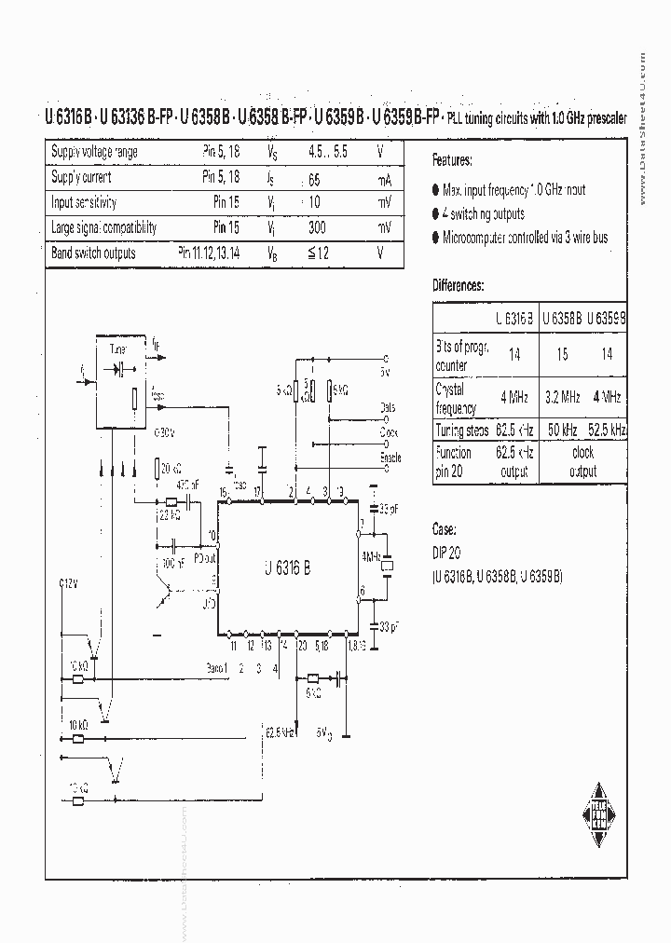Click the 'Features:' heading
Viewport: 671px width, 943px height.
tap(452, 159)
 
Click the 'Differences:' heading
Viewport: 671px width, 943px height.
tap(459, 285)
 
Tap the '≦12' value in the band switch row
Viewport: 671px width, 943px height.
tap(320, 253)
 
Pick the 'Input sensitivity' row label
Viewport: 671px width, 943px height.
tap(83, 202)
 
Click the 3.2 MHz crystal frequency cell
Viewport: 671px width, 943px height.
tap(562, 396)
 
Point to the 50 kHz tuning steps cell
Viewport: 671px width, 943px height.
tap(562, 430)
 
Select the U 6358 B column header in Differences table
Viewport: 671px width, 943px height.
tap(562, 318)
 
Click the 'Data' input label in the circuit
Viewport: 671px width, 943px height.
tap(389, 408)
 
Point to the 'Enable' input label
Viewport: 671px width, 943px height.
tap(390, 458)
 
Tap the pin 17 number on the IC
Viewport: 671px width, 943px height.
tap(258, 491)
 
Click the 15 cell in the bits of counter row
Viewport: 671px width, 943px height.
tap(562, 354)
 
